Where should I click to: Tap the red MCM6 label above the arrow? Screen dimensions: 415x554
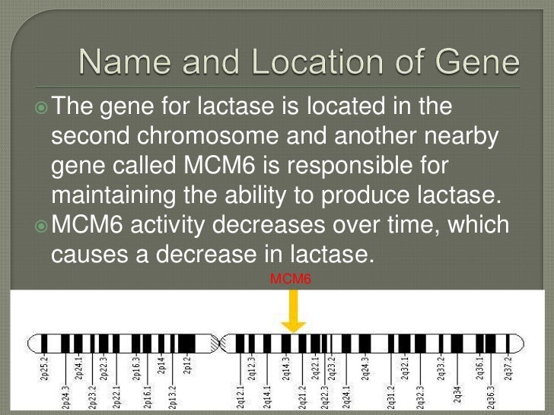[291, 279]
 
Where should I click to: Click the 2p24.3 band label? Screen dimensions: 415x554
[66, 396]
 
